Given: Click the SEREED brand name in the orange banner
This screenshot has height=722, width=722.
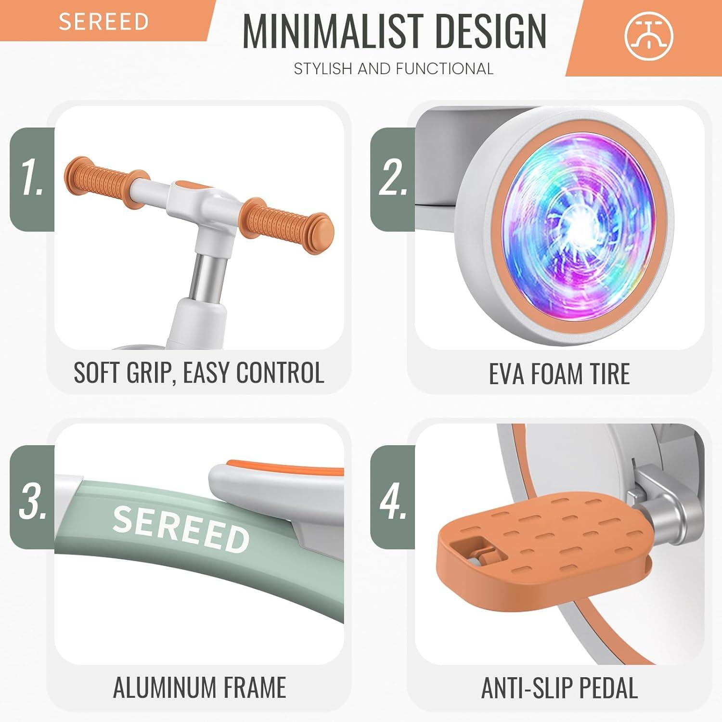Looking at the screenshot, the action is (x=103, y=22).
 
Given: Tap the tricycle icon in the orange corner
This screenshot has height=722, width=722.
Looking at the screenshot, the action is (x=649, y=36).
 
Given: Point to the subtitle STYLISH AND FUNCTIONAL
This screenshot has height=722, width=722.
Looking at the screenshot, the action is (x=394, y=69).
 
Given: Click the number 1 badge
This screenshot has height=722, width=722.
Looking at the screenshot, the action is (x=32, y=179).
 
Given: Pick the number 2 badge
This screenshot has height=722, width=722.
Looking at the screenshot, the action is (x=392, y=179).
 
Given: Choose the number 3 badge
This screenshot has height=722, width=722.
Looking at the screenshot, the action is (x=32, y=497).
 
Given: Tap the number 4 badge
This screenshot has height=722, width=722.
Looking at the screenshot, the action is (x=392, y=497).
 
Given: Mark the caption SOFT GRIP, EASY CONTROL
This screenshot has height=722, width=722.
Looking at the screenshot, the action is (x=199, y=373).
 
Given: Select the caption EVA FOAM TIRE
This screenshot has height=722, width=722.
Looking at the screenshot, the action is (x=559, y=374).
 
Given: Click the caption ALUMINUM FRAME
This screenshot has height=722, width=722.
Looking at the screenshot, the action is (x=200, y=687).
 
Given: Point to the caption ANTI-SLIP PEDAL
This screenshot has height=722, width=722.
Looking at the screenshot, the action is (x=560, y=688).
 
